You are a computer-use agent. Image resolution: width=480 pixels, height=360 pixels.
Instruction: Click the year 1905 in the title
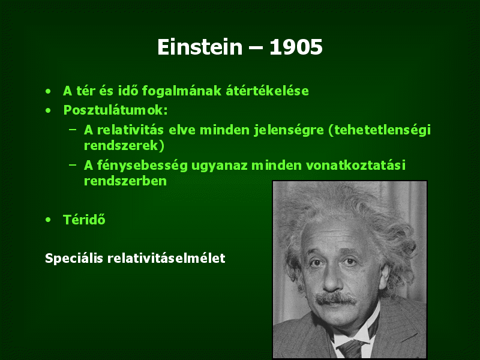296,47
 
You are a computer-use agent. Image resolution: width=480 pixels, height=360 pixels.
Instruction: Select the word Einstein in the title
200,47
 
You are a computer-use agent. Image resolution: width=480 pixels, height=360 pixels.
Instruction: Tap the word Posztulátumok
115,110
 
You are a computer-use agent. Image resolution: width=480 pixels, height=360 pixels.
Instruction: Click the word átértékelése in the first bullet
267,91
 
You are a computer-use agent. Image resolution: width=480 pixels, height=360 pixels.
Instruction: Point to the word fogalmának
182,91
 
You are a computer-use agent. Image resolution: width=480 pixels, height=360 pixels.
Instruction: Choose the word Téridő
84,220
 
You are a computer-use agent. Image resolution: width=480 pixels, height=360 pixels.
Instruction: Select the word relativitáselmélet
166,258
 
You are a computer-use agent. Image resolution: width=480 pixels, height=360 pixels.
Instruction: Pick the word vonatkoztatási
356,166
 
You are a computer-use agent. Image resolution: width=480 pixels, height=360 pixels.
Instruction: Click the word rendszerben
125,181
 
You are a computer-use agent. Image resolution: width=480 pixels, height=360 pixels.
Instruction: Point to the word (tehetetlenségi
379,130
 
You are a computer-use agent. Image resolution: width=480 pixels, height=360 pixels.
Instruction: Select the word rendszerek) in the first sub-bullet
124,145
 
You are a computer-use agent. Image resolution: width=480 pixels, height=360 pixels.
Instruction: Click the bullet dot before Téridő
48,220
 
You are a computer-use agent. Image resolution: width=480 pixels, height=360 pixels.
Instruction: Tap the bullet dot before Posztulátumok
48,110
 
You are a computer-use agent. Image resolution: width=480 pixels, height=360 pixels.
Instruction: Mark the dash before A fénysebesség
73,165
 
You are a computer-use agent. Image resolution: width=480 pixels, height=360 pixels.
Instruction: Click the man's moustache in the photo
336,298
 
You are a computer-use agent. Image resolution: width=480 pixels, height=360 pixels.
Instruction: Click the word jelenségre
289,130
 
